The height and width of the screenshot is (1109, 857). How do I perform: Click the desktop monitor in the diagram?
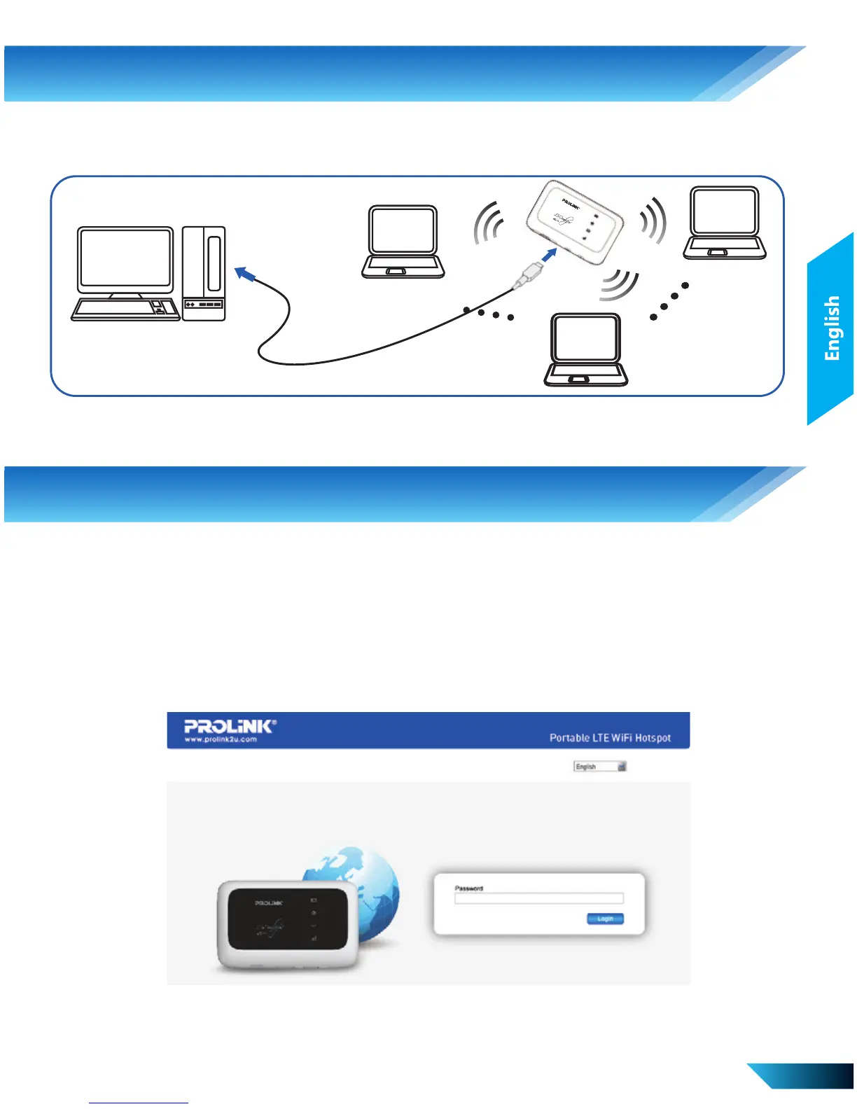(x=125, y=259)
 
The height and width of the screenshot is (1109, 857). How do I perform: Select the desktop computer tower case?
(x=204, y=273)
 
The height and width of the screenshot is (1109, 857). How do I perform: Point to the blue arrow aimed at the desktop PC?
(x=244, y=274)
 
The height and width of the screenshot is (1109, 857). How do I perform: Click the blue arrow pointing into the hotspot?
(x=550, y=255)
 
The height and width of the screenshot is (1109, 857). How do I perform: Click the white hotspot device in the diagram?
(x=575, y=222)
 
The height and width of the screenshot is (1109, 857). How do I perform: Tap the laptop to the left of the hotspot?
(x=403, y=242)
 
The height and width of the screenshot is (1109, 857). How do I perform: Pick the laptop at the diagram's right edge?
(x=724, y=223)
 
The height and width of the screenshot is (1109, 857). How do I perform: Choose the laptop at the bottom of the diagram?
(x=586, y=349)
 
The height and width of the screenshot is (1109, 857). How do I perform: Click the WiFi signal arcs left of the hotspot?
(x=488, y=223)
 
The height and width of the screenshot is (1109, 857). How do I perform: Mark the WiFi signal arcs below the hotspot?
(x=619, y=286)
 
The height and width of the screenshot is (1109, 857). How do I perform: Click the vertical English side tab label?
(x=832, y=328)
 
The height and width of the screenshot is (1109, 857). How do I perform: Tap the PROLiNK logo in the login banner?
(x=230, y=726)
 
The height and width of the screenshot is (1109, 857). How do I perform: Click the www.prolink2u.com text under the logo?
(x=221, y=739)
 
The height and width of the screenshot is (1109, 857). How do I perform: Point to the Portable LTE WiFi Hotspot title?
(x=610, y=738)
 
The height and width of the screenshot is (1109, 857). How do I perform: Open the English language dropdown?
(x=600, y=767)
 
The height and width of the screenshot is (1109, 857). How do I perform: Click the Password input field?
(x=538, y=898)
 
